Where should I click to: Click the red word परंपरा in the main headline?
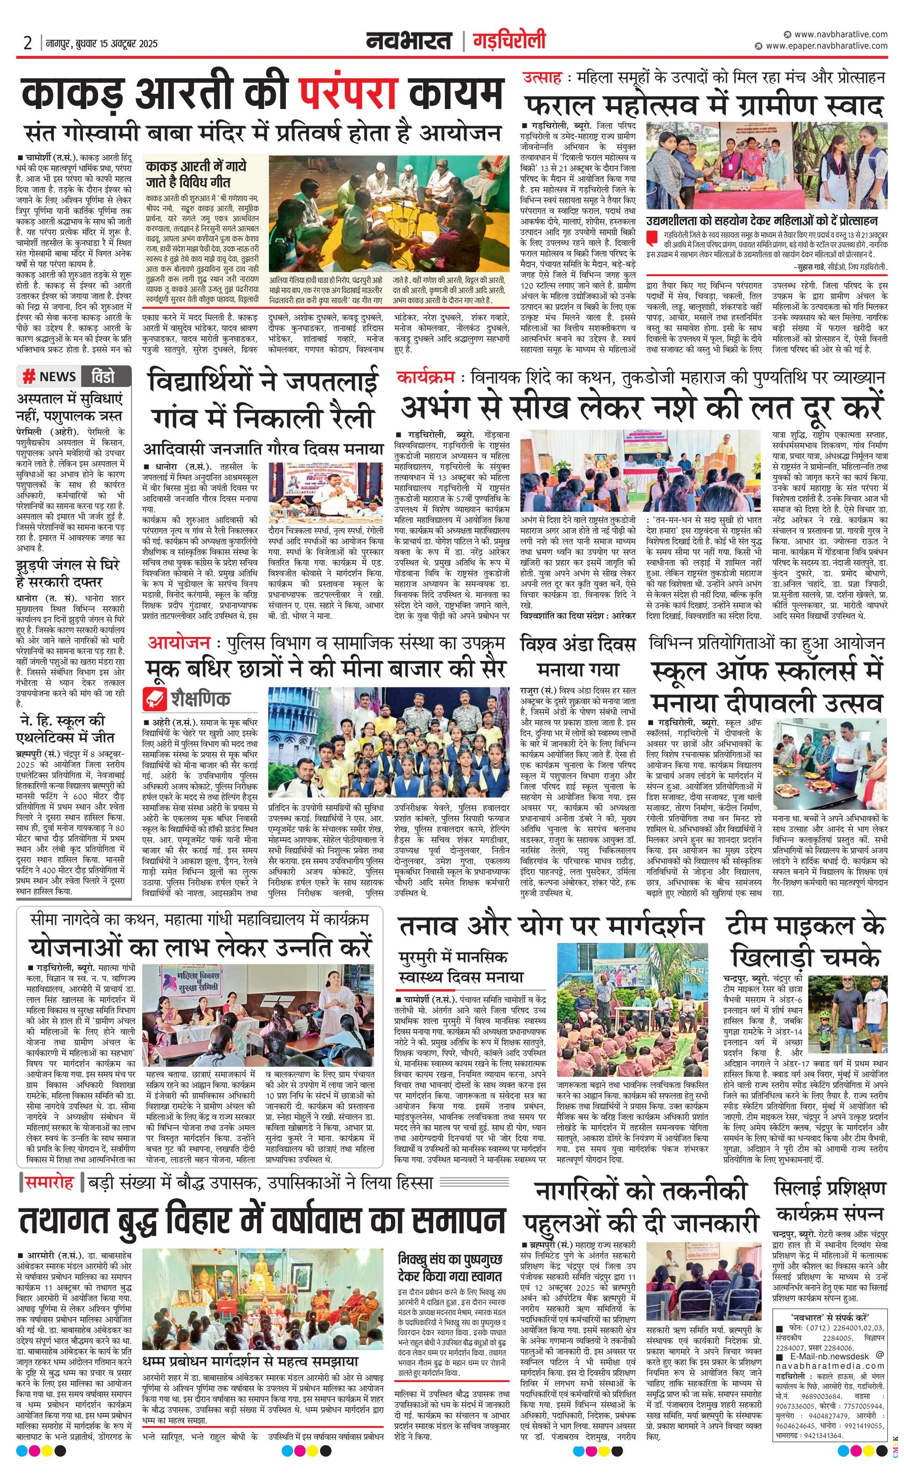(x=348, y=94)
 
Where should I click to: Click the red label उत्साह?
(x=542, y=77)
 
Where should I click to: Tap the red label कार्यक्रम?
(x=425, y=378)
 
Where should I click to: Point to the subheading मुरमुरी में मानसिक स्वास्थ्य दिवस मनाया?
(x=461, y=966)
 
